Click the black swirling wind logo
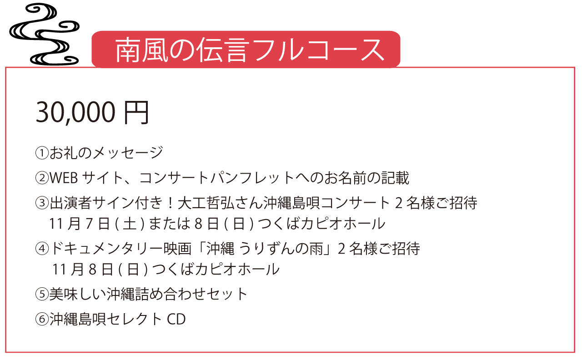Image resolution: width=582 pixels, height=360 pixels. pos(44,34)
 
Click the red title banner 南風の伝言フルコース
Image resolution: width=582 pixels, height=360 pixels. pos(246,50)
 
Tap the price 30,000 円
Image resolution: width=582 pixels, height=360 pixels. pos(92,112)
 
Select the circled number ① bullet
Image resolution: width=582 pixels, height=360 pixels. pos(42,153)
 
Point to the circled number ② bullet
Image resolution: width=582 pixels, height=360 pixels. pos(42,178)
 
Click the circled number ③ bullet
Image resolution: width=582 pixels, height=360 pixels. pos(42,203)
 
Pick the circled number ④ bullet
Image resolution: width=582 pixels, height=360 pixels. pos(42,249)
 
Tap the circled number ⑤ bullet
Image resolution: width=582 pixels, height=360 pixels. pos(42,294)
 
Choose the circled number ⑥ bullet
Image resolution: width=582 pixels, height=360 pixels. pos(42,319)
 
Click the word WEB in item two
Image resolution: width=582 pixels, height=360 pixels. pos(64,178)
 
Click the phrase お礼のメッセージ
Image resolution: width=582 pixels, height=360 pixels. pos(106,152)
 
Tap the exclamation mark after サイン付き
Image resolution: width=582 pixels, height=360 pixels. pos(171,203)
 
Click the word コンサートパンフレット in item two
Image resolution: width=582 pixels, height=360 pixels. pos(217,178)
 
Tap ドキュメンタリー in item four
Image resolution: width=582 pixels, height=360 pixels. pos(106,249)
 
